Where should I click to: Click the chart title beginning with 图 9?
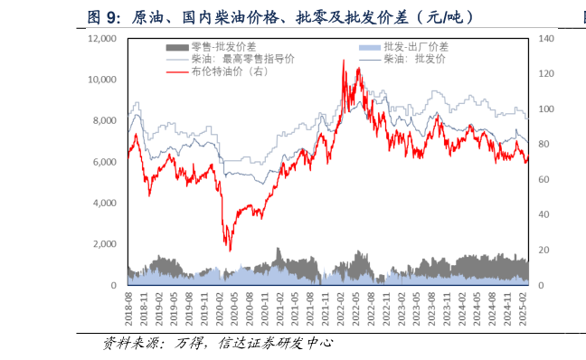[x=280, y=16]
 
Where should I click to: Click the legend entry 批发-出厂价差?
[x=415, y=46]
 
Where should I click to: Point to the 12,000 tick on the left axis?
[x=102, y=39]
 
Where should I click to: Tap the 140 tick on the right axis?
[x=546, y=39]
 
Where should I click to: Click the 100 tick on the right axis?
[x=546, y=109]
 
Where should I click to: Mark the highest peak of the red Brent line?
[x=344, y=61]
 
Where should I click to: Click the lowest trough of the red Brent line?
[x=230, y=251]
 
